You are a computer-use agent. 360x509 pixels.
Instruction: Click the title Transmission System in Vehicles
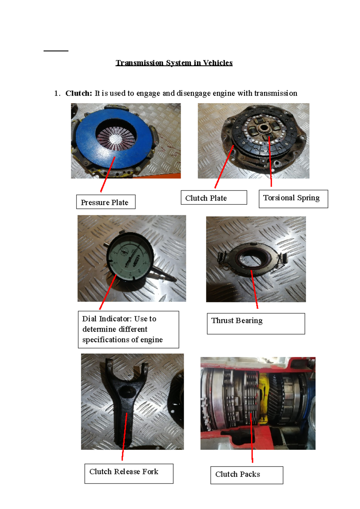[174, 63]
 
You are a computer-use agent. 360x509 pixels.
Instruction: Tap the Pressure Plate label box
[106, 202]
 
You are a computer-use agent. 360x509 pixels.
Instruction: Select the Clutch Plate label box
[214, 198]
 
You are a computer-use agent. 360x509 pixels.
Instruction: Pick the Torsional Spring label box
[293, 199]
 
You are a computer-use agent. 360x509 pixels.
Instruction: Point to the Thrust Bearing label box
[256, 323]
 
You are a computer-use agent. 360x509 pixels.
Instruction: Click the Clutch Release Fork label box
[129, 473]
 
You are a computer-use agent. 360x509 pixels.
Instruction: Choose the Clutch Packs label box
[246, 475]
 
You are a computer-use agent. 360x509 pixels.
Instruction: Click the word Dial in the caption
[89, 319]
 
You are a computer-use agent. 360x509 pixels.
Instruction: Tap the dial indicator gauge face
[130, 257]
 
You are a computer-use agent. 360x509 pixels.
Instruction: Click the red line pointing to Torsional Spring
[270, 162]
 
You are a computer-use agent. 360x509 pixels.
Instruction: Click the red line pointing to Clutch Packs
[251, 438]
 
